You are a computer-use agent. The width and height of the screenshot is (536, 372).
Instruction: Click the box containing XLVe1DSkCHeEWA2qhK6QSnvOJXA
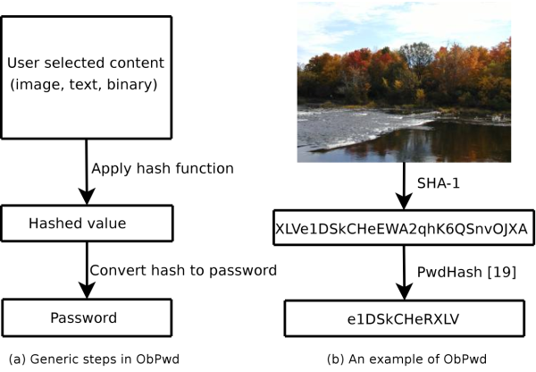(x=402, y=227)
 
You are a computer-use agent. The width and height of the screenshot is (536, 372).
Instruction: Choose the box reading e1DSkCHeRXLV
(x=402, y=317)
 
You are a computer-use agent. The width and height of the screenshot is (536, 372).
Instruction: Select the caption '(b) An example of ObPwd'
(x=403, y=359)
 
